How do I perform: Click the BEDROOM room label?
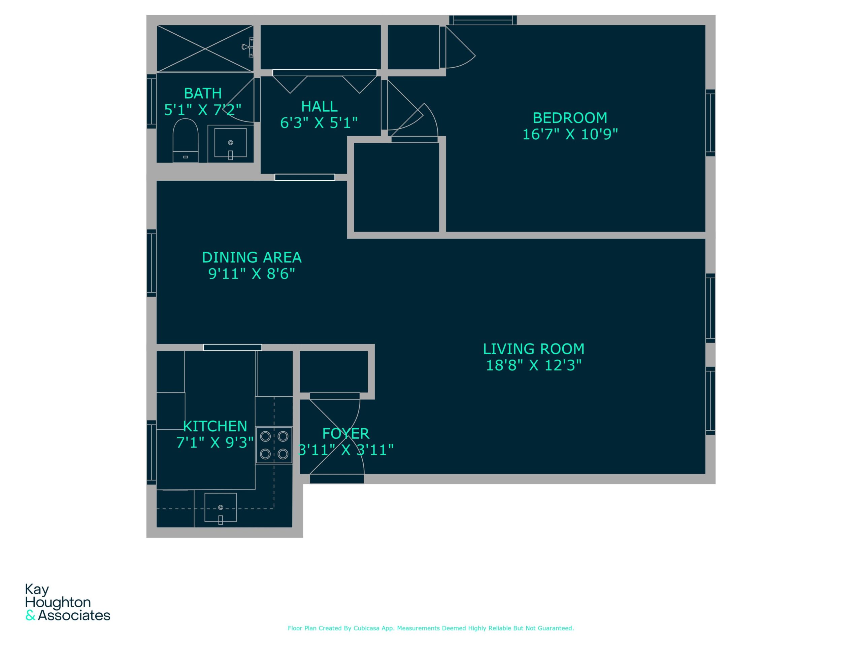570,118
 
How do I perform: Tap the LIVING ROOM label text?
533,349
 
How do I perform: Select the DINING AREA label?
252,257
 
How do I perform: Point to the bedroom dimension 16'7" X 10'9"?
570,134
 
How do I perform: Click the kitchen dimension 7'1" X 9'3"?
215,443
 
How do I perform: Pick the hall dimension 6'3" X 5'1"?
319,123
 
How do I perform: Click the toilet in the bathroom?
186,141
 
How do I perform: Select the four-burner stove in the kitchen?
274,445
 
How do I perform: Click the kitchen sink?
221,507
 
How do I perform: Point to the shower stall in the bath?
205,49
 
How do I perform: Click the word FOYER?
346,434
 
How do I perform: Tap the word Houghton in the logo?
58,602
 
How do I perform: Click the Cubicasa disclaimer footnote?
431,628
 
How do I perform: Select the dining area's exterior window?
152,263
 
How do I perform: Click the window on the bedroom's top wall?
483,20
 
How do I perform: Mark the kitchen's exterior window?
152,453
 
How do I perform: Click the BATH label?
203,94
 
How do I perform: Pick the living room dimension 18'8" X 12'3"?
533,366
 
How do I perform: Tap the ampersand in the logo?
30,616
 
